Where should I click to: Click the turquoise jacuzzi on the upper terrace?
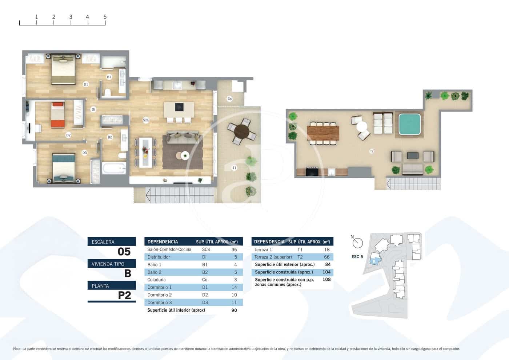pyautogui.click(x=409, y=124)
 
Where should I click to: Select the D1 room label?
pyautogui.click(x=86, y=84)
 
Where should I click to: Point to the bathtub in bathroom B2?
pyautogui.click(x=114, y=168)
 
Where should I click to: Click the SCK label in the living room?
pyautogui.click(x=146, y=120)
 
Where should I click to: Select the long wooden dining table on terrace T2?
pyautogui.click(x=323, y=133)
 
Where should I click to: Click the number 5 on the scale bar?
pyautogui.click(x=105, y=17)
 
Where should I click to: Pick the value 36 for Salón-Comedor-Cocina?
pyautogui.click(x=234, y=249)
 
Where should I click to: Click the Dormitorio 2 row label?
pyautogui.click(x=160, y=295)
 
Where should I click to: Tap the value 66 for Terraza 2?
pyautogui.click(x=326, y=257)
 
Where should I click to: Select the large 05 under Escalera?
pyautogui.click(x=124, y=252)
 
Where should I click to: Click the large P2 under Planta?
pyautogui.click(x=124, y=295)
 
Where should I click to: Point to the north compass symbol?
pyautogui.click(x=358, y=243)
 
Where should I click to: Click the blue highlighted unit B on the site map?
pyautogui.click(x=374, y=261)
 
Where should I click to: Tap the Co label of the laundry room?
pyautogui.click(x=229, y=99)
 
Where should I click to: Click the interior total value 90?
pyautogui.click(x=234, y=310)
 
